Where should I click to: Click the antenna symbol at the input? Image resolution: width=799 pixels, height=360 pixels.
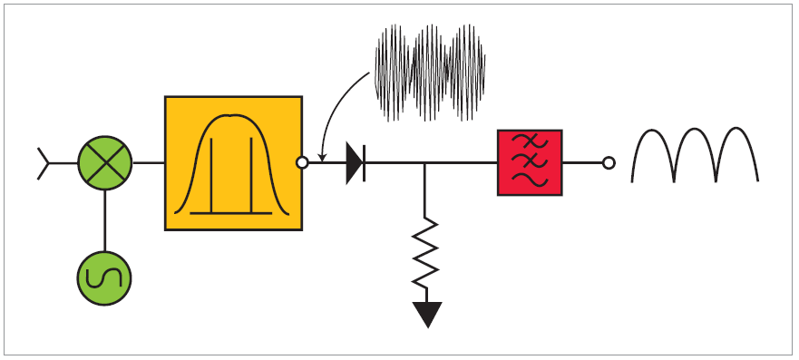click(43, 163)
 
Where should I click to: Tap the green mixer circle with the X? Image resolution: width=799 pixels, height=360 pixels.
click(104, 163)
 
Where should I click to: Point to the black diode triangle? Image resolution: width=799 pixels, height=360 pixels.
click(354, 164)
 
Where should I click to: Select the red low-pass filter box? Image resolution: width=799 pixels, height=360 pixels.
click(530, 163)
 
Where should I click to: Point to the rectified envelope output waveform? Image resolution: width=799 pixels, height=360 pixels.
click(695, 154)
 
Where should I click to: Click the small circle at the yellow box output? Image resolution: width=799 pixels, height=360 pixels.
click(303, 163)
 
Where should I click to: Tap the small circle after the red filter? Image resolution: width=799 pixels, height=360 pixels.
click(609, 163)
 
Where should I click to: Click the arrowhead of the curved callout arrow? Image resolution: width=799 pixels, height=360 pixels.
click(322, 160)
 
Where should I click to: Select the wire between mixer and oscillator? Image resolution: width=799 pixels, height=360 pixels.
click(104, 221)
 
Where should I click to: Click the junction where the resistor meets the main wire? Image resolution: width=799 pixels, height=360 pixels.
click(425, 164)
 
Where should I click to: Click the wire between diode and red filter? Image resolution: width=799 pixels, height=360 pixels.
click(463, 164)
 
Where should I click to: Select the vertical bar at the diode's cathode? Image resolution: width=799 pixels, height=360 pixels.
click(365, 164)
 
